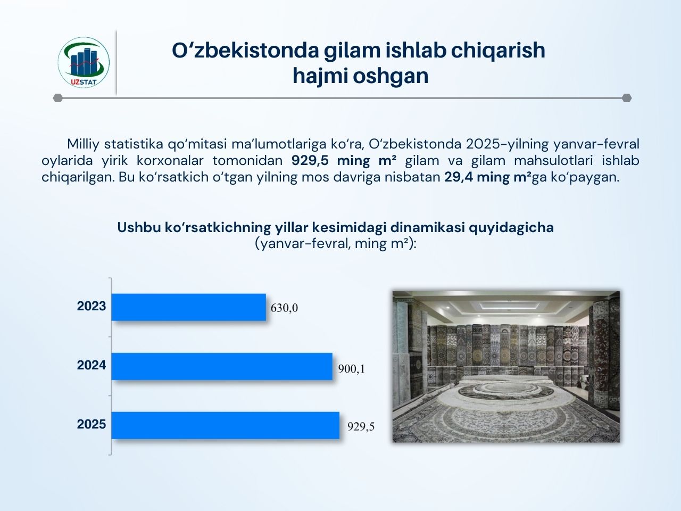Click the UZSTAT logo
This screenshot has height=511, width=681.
coord(84,62)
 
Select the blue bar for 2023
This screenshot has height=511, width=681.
coord(189,307)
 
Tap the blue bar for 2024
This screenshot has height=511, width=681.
coord(222,366)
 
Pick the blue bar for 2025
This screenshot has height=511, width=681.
coord(225,425)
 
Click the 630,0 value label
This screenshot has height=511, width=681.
coord(284,308)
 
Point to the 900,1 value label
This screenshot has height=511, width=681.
coord(352,369)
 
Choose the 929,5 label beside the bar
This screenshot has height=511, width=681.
coord(361,427)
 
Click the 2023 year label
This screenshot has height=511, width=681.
coord(91,306)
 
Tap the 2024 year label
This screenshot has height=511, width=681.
coord(91,365)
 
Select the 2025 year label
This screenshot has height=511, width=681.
coord(91,424)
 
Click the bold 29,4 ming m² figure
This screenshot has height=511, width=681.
coord(487,177)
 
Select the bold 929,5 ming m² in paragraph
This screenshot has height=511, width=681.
coord(344,160)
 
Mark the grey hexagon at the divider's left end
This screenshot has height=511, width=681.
coord(58,98)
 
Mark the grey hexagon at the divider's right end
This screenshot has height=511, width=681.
coord(627,98)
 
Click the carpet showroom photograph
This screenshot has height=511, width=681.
coord(506,366)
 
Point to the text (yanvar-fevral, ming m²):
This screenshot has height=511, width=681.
coord(335,244)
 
